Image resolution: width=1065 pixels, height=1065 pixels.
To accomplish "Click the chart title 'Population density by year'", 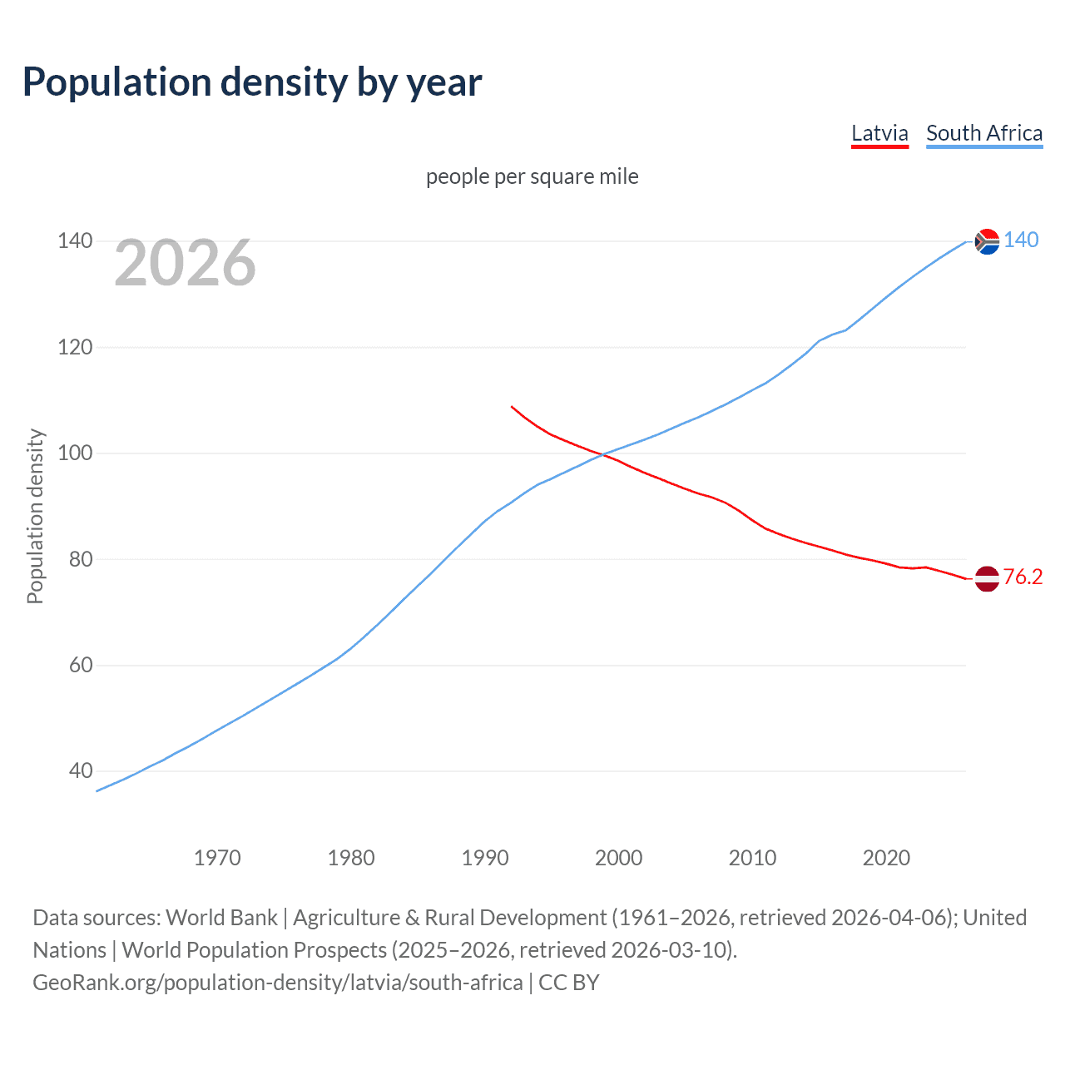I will coord(252,82).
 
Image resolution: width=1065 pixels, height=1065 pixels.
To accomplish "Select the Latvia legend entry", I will coord(879,133).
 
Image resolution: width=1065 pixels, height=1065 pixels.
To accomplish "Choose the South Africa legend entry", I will coord(984,133).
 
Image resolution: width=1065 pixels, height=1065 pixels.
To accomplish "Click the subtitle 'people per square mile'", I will coord(532,176).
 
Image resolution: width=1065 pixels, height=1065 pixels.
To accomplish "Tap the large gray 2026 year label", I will coord(185,263).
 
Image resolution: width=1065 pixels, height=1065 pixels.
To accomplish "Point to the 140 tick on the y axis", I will coord(75,241).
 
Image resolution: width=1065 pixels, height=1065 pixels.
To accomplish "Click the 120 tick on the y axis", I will coord(75,347).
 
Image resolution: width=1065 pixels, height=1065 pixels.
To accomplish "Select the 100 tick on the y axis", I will coord(75,453).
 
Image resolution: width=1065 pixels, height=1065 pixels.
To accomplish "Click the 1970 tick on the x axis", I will coord(217,858).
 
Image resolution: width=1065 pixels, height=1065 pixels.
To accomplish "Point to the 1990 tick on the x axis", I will coord(485,858).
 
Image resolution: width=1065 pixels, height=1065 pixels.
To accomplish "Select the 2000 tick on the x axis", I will coord(618,858).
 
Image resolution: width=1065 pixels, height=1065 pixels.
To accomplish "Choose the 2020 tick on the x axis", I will coord(886,858).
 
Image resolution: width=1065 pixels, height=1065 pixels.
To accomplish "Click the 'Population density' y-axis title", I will coord(35,516).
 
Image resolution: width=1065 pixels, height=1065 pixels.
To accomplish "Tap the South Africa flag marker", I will coord(987,241).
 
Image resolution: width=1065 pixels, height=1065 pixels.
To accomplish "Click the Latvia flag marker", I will coord(987,578).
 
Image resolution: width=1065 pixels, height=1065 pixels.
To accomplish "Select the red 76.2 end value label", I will coord(1023,577).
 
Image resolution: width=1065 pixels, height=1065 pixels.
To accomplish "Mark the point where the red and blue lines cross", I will coord(602,454).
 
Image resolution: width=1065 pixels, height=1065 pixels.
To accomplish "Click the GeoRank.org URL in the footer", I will coord(278,983).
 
